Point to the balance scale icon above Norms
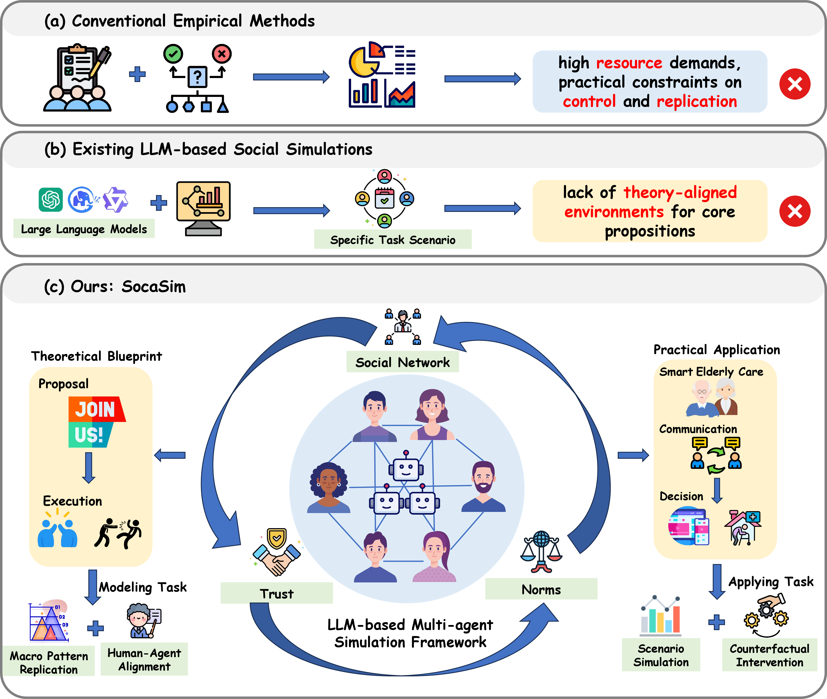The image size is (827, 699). [541, 552]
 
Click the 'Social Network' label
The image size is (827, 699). [402, 362]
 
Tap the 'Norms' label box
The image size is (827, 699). [541, 589]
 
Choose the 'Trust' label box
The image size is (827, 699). [276, 593]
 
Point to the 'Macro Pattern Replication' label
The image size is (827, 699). [49, 662]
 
